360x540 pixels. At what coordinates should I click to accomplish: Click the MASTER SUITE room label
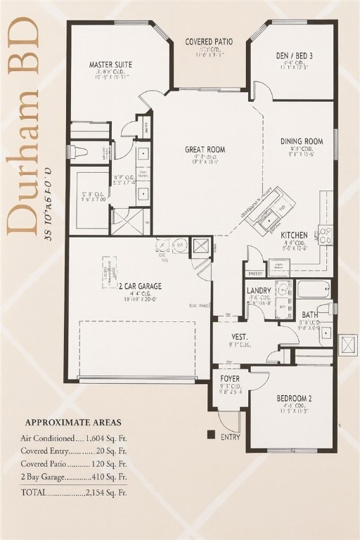(x=110, y=65)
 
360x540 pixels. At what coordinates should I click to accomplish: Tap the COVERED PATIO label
(x=209, y=42)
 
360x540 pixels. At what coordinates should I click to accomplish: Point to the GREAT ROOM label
(x=205, y=149)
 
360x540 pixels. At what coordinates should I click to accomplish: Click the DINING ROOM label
(x=302, y=141)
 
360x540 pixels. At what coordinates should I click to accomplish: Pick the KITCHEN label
(x=294, y=235)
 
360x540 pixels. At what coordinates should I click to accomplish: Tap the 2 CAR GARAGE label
(x=140, y=286)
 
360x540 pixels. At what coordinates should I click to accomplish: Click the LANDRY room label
(x=259, y=290)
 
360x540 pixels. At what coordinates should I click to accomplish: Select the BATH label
(x=310, y=314)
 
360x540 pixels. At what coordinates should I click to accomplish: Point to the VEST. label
(x=240, y=337)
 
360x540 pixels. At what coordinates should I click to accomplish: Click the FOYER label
(x=229, y=378)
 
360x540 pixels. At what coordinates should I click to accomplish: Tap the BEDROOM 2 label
(x=295, y=398)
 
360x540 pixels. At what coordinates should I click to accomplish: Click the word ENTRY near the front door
(x=230, y=437)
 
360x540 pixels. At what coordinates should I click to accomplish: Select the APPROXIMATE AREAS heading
(x=73, y=423)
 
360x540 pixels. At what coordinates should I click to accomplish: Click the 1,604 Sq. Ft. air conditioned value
(x=105, y=437)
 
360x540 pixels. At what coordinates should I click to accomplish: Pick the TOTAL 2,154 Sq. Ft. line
(x=74, y=492)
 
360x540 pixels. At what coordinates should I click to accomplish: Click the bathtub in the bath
(x=313, y=288)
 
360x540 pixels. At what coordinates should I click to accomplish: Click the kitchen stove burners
(x=325, y=234)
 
